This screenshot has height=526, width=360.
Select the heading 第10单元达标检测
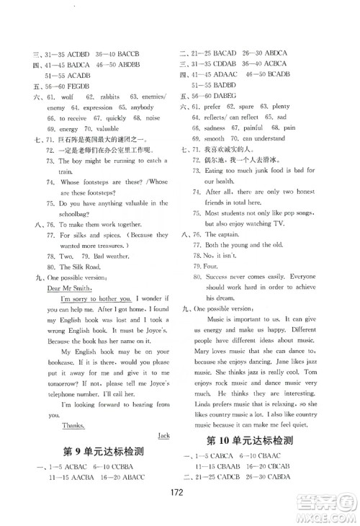(265, 441)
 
